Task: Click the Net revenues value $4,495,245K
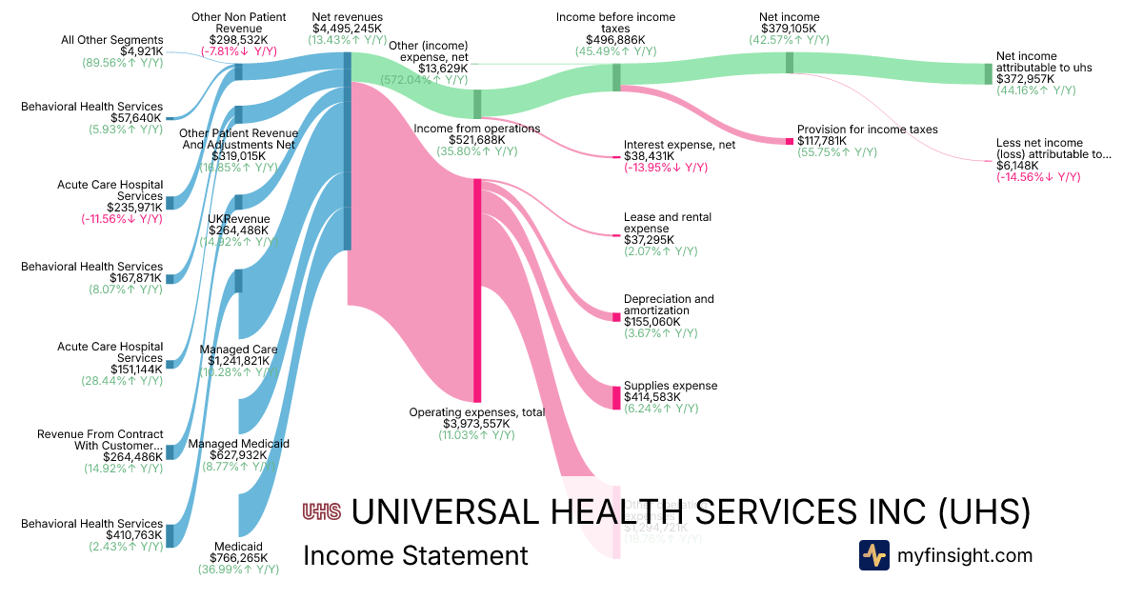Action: click(347, 29)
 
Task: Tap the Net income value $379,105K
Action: click(789, 29)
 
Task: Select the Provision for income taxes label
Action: click(868, 130)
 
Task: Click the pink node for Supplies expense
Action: click(616, 396)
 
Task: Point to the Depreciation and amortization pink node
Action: click(616, 316)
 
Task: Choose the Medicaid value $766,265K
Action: click(239, 558)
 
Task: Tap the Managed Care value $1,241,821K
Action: click(239, 361)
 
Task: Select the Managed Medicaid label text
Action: click(239, 444)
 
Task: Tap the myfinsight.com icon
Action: click(873, 555)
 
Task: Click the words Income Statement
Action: click(415, 555)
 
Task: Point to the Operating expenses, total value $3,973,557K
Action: click(476, 424)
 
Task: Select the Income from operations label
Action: click(476, 129)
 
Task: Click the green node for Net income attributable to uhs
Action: click(988, 74)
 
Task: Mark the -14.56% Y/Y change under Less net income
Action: click(1038, 177)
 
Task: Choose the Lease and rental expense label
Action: click(668, 223)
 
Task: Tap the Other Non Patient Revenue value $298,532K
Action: click(239, 41)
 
